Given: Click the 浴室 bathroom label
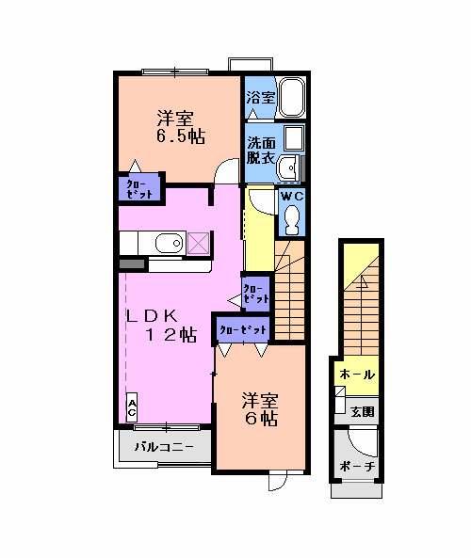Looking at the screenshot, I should coord(260,97).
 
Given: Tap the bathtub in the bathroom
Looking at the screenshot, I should coord(291,96).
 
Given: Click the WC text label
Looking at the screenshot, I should coord(291,196).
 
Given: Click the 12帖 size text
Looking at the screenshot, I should coord(170,336).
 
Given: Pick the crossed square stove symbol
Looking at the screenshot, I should coord(198,244).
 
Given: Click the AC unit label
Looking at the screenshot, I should coord(132,407).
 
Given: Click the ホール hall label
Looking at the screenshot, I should coord(357,375).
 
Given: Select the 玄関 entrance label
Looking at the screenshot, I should coord(363,411).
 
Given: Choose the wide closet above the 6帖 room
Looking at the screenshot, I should coord(243,329).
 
